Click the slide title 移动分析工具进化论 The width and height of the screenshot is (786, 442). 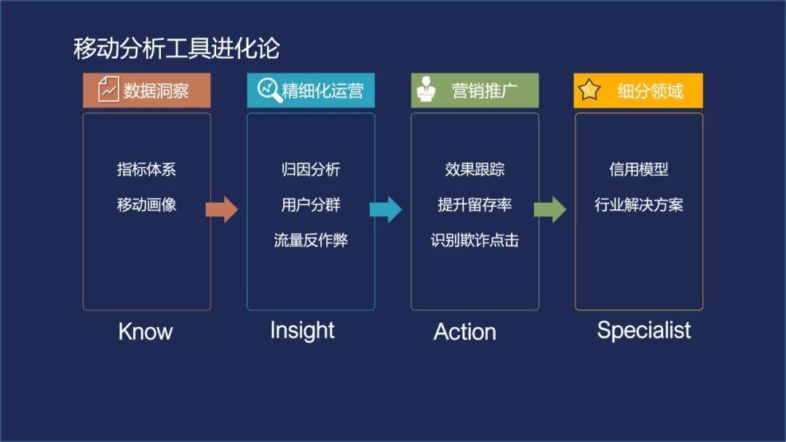click(176, 49)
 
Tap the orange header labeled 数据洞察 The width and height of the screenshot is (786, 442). click(147, 91)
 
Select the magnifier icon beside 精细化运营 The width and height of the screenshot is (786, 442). click(269, 90)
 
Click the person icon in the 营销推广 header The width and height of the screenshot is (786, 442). click(426, 91)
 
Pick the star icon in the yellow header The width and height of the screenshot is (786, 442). click(589, 90)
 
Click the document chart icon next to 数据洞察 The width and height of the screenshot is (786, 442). click(108, 90)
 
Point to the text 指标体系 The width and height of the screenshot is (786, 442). click(146, 169)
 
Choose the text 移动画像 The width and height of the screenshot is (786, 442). click(146, 205)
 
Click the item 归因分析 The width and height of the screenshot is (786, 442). click(311, 169)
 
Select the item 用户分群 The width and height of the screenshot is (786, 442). click(311, 205)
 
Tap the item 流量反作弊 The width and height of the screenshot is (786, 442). click(311, 241)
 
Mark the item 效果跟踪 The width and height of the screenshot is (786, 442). click(475, 169)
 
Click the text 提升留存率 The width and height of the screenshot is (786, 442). click(475, 205)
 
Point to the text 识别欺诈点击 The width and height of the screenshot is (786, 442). click(475, 241)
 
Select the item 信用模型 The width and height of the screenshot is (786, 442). click(638, 169)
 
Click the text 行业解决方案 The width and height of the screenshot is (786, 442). click(638, 205)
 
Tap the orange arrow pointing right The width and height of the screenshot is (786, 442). click(222, 209)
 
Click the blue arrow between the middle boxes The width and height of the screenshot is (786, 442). click(386, 209)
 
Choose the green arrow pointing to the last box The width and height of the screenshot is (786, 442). click(549, 209)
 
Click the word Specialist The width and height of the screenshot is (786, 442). click(643, 330)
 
